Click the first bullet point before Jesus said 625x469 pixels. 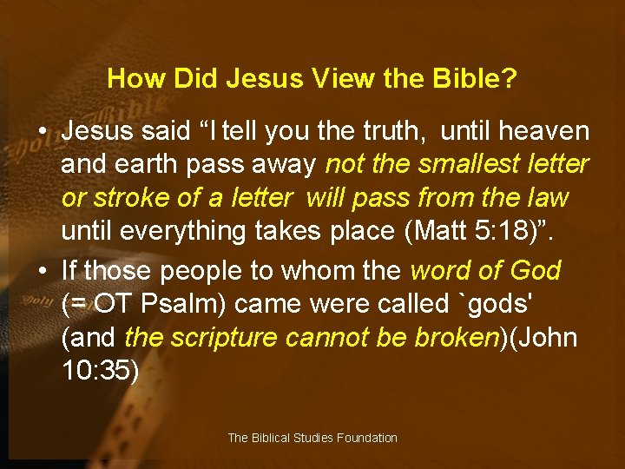tap(42, 133)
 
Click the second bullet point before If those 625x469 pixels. tap(42, 271)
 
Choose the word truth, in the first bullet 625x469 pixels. tap(389, 132)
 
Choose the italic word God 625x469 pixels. tap(536, 271)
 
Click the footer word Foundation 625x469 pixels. tap(365, 438)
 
